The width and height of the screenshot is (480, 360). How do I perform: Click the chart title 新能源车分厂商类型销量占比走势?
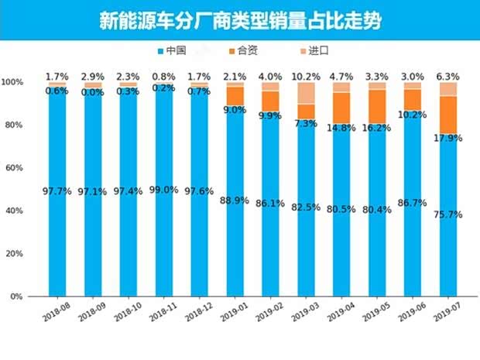coord(239,20)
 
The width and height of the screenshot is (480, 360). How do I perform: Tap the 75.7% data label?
coord(448,214)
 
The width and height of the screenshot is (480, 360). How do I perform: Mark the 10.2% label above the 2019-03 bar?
coord(307,77)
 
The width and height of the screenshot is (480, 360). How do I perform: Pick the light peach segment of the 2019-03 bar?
coord(307,93)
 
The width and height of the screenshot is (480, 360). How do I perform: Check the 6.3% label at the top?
coord(448,77)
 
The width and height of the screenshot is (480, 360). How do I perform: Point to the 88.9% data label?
coord(235,201)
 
